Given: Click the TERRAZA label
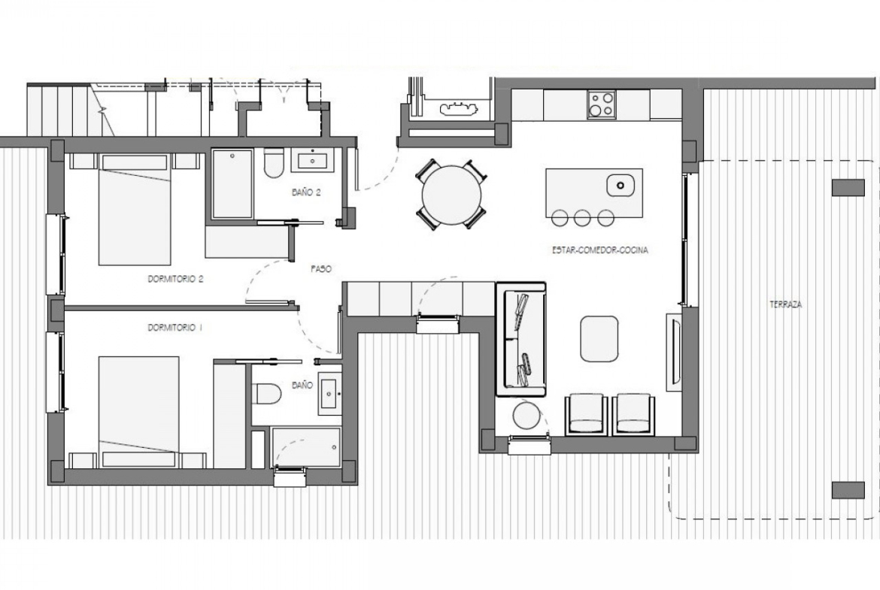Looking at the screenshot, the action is [x=785, y=304].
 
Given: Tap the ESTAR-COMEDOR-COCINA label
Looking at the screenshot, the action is [x=600, y=250].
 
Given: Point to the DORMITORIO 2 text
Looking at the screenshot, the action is [x=175, y=279].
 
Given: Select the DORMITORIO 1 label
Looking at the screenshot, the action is [x=174, y=328].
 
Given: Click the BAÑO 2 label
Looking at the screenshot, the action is [x=306, y=192].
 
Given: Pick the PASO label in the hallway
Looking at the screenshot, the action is [x=321, y=269].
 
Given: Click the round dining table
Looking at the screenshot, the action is [x=451, y=194].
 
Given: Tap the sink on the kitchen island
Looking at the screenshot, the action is [x=621, y=185].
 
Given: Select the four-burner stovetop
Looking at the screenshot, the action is [x=601, y=105].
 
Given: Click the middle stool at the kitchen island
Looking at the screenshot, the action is [x=582, y=218].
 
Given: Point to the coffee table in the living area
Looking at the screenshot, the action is [x=599, y=339].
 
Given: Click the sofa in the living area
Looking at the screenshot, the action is [x=520, y=339].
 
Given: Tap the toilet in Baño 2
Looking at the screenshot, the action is [x=274, y=162].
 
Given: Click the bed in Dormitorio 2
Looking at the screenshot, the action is [x=135, y=209].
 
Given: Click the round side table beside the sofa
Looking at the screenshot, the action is [x=526, y=416].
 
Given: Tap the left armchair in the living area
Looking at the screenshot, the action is [x=586, y=414].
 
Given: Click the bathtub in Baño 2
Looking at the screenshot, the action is [x=232, y=184].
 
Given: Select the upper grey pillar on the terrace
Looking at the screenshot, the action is [x=848, y=187].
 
